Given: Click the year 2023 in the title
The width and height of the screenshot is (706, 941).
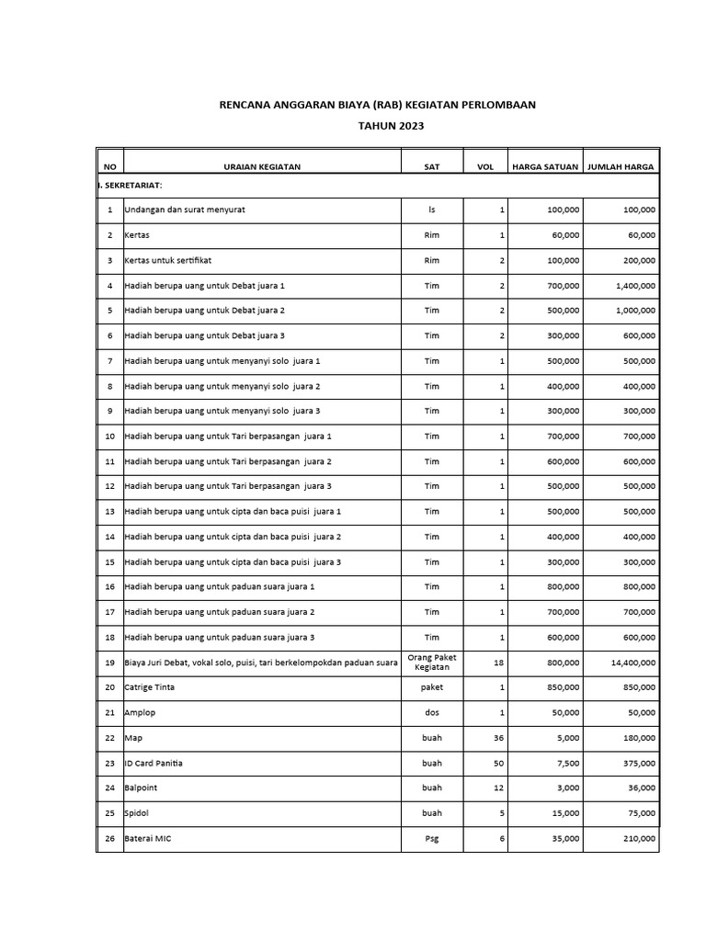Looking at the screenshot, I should click(409, 126).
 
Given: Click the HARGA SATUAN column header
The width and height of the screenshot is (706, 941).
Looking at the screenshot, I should click(545, 166).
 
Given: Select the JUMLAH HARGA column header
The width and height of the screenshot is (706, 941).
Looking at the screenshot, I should click(621, 166).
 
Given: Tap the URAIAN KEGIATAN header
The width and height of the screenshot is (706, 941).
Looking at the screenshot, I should click(262, 166).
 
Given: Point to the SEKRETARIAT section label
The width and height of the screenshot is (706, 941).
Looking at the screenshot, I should click(131, 186).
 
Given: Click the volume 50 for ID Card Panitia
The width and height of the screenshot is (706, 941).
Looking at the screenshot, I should click(500, 763).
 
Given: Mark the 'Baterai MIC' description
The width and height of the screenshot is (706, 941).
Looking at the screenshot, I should click(149, 838).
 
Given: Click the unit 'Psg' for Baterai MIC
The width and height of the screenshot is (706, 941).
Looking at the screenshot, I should click(432, 838).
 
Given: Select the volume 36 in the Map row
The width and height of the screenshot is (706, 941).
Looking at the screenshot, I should click(500, 738).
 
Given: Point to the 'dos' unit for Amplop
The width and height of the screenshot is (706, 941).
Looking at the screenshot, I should click(432, 713).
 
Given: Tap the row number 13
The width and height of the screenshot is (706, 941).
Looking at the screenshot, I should click(109, 511).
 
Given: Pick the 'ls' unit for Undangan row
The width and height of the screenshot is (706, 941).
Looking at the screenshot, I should click(432, 210).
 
